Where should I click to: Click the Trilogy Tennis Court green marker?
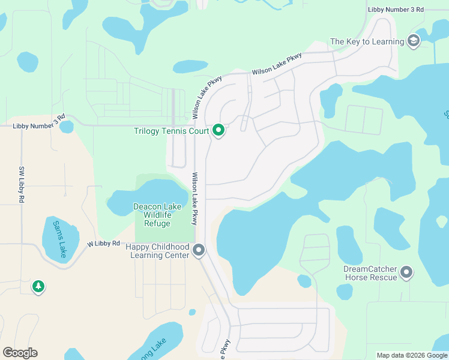click(x=218, y=130)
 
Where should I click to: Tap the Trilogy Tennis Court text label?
click(x=172, y=131)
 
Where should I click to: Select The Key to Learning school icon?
click(x=413, y=41)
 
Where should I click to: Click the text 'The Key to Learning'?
click(x=367, y=42)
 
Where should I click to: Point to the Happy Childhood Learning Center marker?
click(x=199, y=250)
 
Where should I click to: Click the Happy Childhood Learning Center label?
click(x=160, y=251)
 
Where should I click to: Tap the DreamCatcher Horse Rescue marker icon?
click(x=406, y=273)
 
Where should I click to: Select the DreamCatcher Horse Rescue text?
click(x=370, y=273)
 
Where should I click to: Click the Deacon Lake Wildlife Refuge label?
click(x=157, y=215)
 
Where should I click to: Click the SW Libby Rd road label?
click(x=22, y=184)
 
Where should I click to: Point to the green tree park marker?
click(x=38, y=286)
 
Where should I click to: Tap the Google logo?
click(x=20, y=353)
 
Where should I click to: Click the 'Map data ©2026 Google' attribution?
click(x=412, y=355)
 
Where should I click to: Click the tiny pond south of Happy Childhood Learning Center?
click(x=192, y=312)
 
